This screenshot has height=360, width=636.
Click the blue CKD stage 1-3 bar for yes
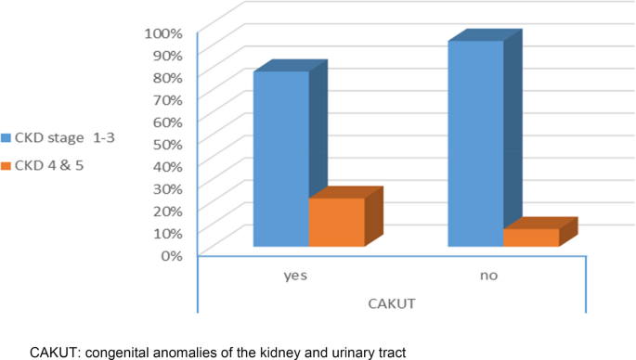(x=281, y=158)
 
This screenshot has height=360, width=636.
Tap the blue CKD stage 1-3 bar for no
(x=475, y=144)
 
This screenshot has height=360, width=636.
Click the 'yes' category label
(x=296, y=276)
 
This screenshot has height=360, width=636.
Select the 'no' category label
(x=489, y=276)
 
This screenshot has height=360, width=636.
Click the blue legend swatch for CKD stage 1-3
(x=6, y=139)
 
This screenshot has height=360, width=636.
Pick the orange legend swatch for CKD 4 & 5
(x=6, y=166)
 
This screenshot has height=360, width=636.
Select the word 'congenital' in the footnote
(x=112, y=352)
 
